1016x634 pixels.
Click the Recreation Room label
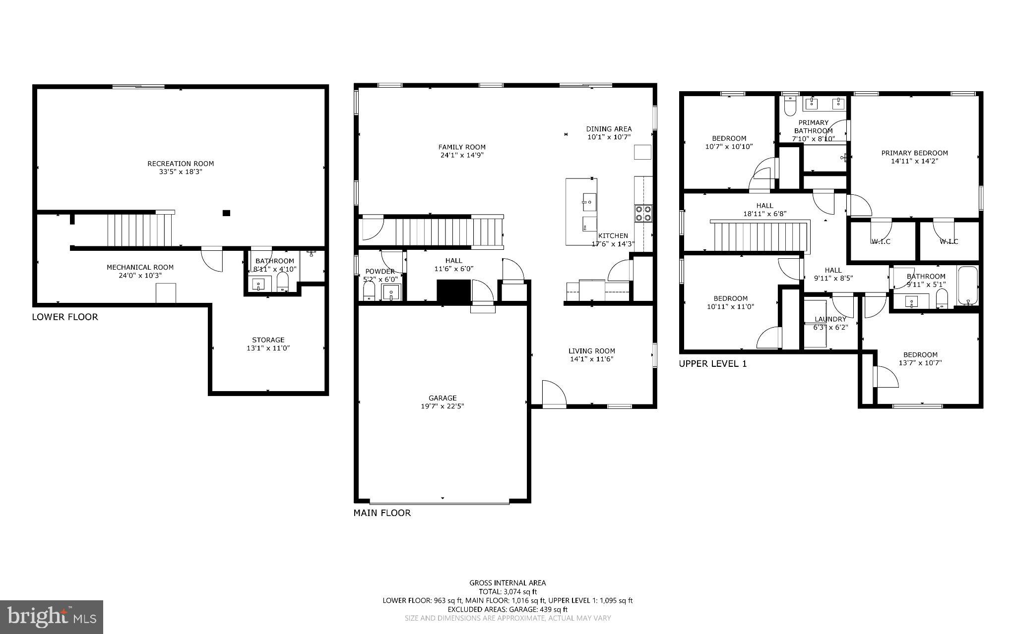[181, 164]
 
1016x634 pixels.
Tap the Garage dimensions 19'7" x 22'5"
[443, 406]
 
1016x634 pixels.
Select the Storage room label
[268, 340]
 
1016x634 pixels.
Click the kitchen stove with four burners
[644, 214]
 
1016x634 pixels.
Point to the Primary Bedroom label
[914, 153]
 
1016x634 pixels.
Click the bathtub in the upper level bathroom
[967, 286]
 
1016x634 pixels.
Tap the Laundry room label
[830, 319]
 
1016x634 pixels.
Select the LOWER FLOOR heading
[65, 317]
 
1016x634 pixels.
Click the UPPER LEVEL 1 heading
[712, 364]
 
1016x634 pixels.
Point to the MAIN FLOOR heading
[382, 513]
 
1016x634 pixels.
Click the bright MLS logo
[52, 617]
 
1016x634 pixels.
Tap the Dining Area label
[609, 129]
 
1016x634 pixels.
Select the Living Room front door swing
[554, 395]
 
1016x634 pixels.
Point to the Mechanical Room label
[140, 267]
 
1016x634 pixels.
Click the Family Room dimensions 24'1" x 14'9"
[461, 155]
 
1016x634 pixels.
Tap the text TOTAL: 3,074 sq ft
[508, 591]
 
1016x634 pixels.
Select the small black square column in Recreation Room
[226, 213]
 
